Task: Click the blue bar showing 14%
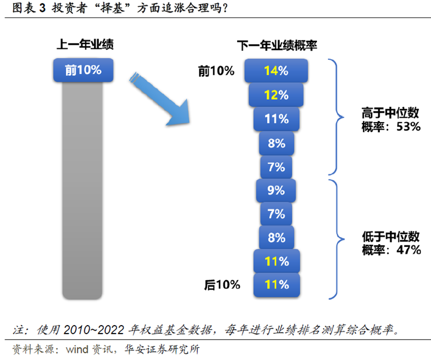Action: [x=276, y=71]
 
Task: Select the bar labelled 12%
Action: [x=276, y=95]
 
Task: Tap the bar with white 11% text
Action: [x=276, y=119]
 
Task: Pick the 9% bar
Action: [x=276, y=190]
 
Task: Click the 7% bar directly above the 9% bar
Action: [x=276, y=167]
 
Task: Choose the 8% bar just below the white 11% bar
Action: [x=276, y=143]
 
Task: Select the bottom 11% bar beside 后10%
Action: [x=276, y=285]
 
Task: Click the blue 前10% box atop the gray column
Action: [x=83, y=70]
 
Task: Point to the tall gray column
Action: [x=83, y=189]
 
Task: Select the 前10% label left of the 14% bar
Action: [x=216, y=71]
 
